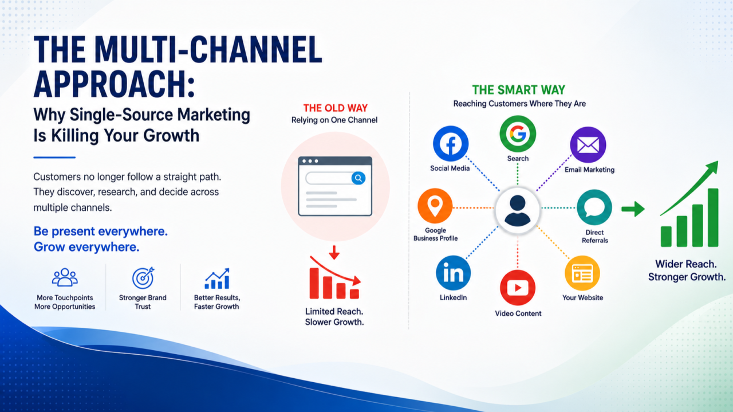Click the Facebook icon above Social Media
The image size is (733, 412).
451,143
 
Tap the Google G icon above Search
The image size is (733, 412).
518,134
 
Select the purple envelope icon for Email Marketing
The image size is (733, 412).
588,145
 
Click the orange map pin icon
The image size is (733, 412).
435,206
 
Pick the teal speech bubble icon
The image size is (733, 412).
594,207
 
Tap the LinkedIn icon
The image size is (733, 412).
453,273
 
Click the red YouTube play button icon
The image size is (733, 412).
518,288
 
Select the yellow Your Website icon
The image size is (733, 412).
582,273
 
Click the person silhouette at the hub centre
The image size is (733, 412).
517,211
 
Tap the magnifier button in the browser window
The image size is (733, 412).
358,178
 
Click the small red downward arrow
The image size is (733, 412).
334,253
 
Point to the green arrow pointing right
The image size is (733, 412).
633,209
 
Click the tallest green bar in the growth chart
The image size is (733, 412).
713,218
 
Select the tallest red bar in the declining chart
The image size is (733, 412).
314,283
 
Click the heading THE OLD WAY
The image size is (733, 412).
336,108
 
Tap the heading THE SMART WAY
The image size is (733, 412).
519,90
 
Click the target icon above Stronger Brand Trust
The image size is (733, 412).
143,278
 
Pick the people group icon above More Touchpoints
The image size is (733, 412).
65,277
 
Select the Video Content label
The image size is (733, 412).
518,313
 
